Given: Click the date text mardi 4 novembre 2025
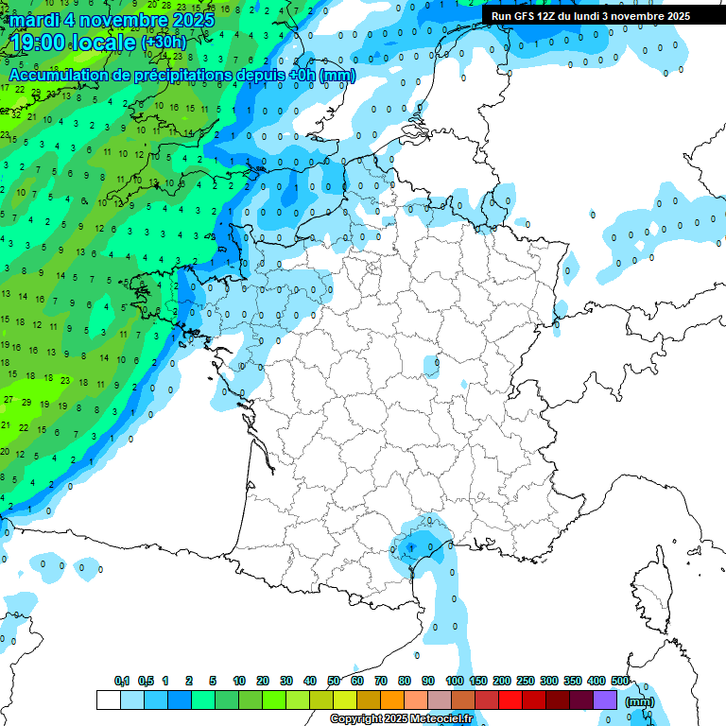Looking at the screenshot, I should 112,20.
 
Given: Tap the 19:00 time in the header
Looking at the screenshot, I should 39,43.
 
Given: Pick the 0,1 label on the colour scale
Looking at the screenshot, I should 122,682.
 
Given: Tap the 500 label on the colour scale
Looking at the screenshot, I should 620,682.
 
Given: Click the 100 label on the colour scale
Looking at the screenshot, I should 454,682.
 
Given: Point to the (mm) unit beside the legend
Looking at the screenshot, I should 641,701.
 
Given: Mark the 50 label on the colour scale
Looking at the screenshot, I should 334,682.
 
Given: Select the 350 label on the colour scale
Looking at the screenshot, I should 573,682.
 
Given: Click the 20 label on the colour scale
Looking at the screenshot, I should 263,682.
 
